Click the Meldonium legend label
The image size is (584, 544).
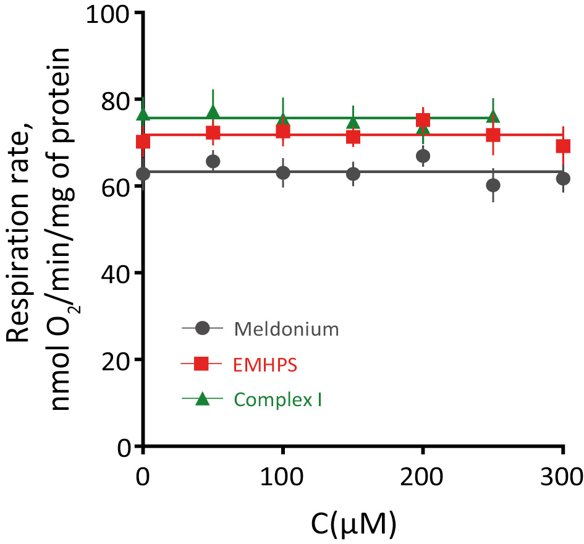coord(287,328)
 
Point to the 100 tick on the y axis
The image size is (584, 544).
coord(110,14)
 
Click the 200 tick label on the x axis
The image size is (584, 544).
coord(423,477)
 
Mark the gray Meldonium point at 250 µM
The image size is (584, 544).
coord(493,185)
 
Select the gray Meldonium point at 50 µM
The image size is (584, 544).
coord(213,161)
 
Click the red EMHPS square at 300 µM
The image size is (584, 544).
coord(563,146)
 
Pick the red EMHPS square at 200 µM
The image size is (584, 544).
coord(423,120)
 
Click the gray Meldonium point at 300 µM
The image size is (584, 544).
coord(563,179)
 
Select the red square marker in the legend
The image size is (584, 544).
coord(201,365)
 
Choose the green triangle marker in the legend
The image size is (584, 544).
coord(201,399)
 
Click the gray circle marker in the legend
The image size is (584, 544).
coord(201,329)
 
